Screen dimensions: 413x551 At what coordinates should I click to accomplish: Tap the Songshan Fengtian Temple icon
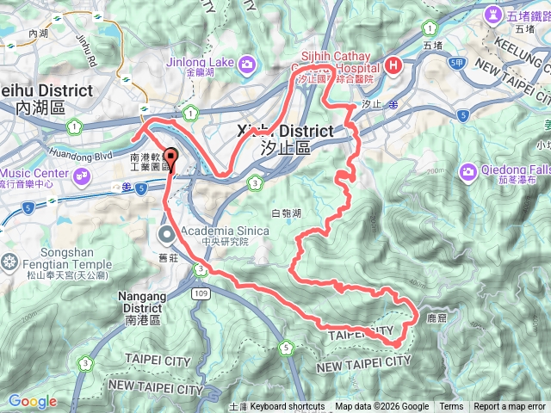click(x=10, y=262)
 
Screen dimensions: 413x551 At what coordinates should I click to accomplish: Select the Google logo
click(x=33, y=401)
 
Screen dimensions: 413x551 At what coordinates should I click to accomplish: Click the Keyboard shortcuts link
click(x=288, y=407)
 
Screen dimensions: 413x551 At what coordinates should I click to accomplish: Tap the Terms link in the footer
click(x=451, y=407)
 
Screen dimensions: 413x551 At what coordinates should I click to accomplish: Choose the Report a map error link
click(x=510, y=407)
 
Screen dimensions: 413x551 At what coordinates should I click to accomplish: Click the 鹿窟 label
click(x=437, y=318)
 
